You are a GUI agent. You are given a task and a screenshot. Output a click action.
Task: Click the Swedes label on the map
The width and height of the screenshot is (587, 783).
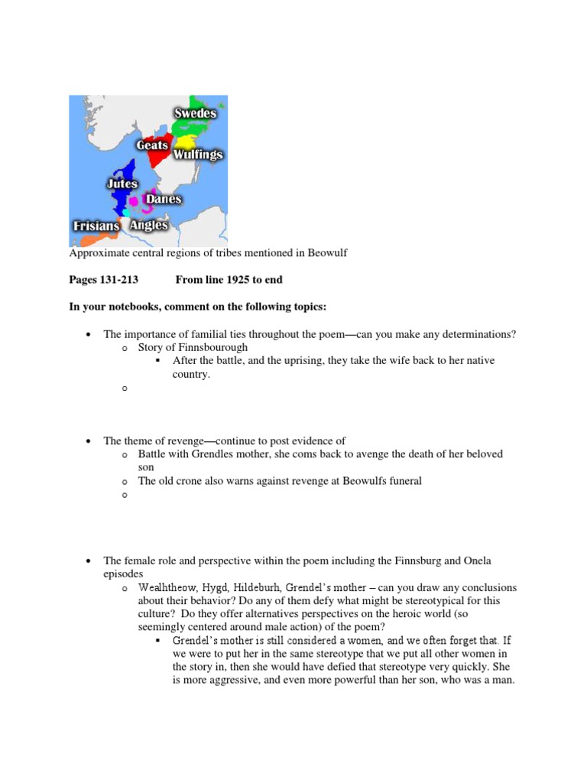195,114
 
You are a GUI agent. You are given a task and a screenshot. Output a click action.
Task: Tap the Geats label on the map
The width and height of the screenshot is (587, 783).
152,145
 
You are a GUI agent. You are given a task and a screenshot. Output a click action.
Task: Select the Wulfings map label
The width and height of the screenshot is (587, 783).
197,154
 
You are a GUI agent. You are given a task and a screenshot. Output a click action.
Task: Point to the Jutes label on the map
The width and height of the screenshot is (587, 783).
122,184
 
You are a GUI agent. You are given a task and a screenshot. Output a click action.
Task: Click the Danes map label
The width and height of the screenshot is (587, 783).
164,199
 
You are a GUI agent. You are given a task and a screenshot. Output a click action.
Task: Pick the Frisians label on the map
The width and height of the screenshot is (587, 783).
96,226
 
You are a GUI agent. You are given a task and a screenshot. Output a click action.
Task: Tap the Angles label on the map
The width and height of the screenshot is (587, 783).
148,226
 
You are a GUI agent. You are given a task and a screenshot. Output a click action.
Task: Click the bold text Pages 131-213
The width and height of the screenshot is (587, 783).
103,280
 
